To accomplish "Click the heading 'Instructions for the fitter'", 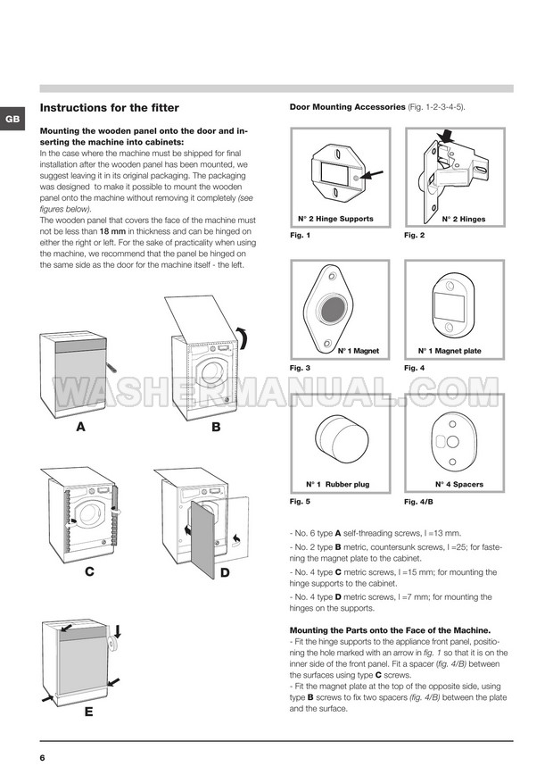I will click(109, 108).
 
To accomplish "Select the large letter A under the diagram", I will click(80, 428).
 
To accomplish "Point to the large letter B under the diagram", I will click(215, 428).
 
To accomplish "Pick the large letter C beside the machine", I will click(90, 571).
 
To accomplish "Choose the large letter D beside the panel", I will click(224, 571).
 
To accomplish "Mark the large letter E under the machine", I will click(87, 712).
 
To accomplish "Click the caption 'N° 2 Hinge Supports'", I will click(335, 219).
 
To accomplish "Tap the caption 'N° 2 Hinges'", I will click(463, 219).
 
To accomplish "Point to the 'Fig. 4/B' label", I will click(419, 502).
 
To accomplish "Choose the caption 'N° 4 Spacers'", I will click(458, 484).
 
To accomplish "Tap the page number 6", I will click(42, 758).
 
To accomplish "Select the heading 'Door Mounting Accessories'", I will click(347, 107).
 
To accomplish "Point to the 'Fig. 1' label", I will click(300, 236).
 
